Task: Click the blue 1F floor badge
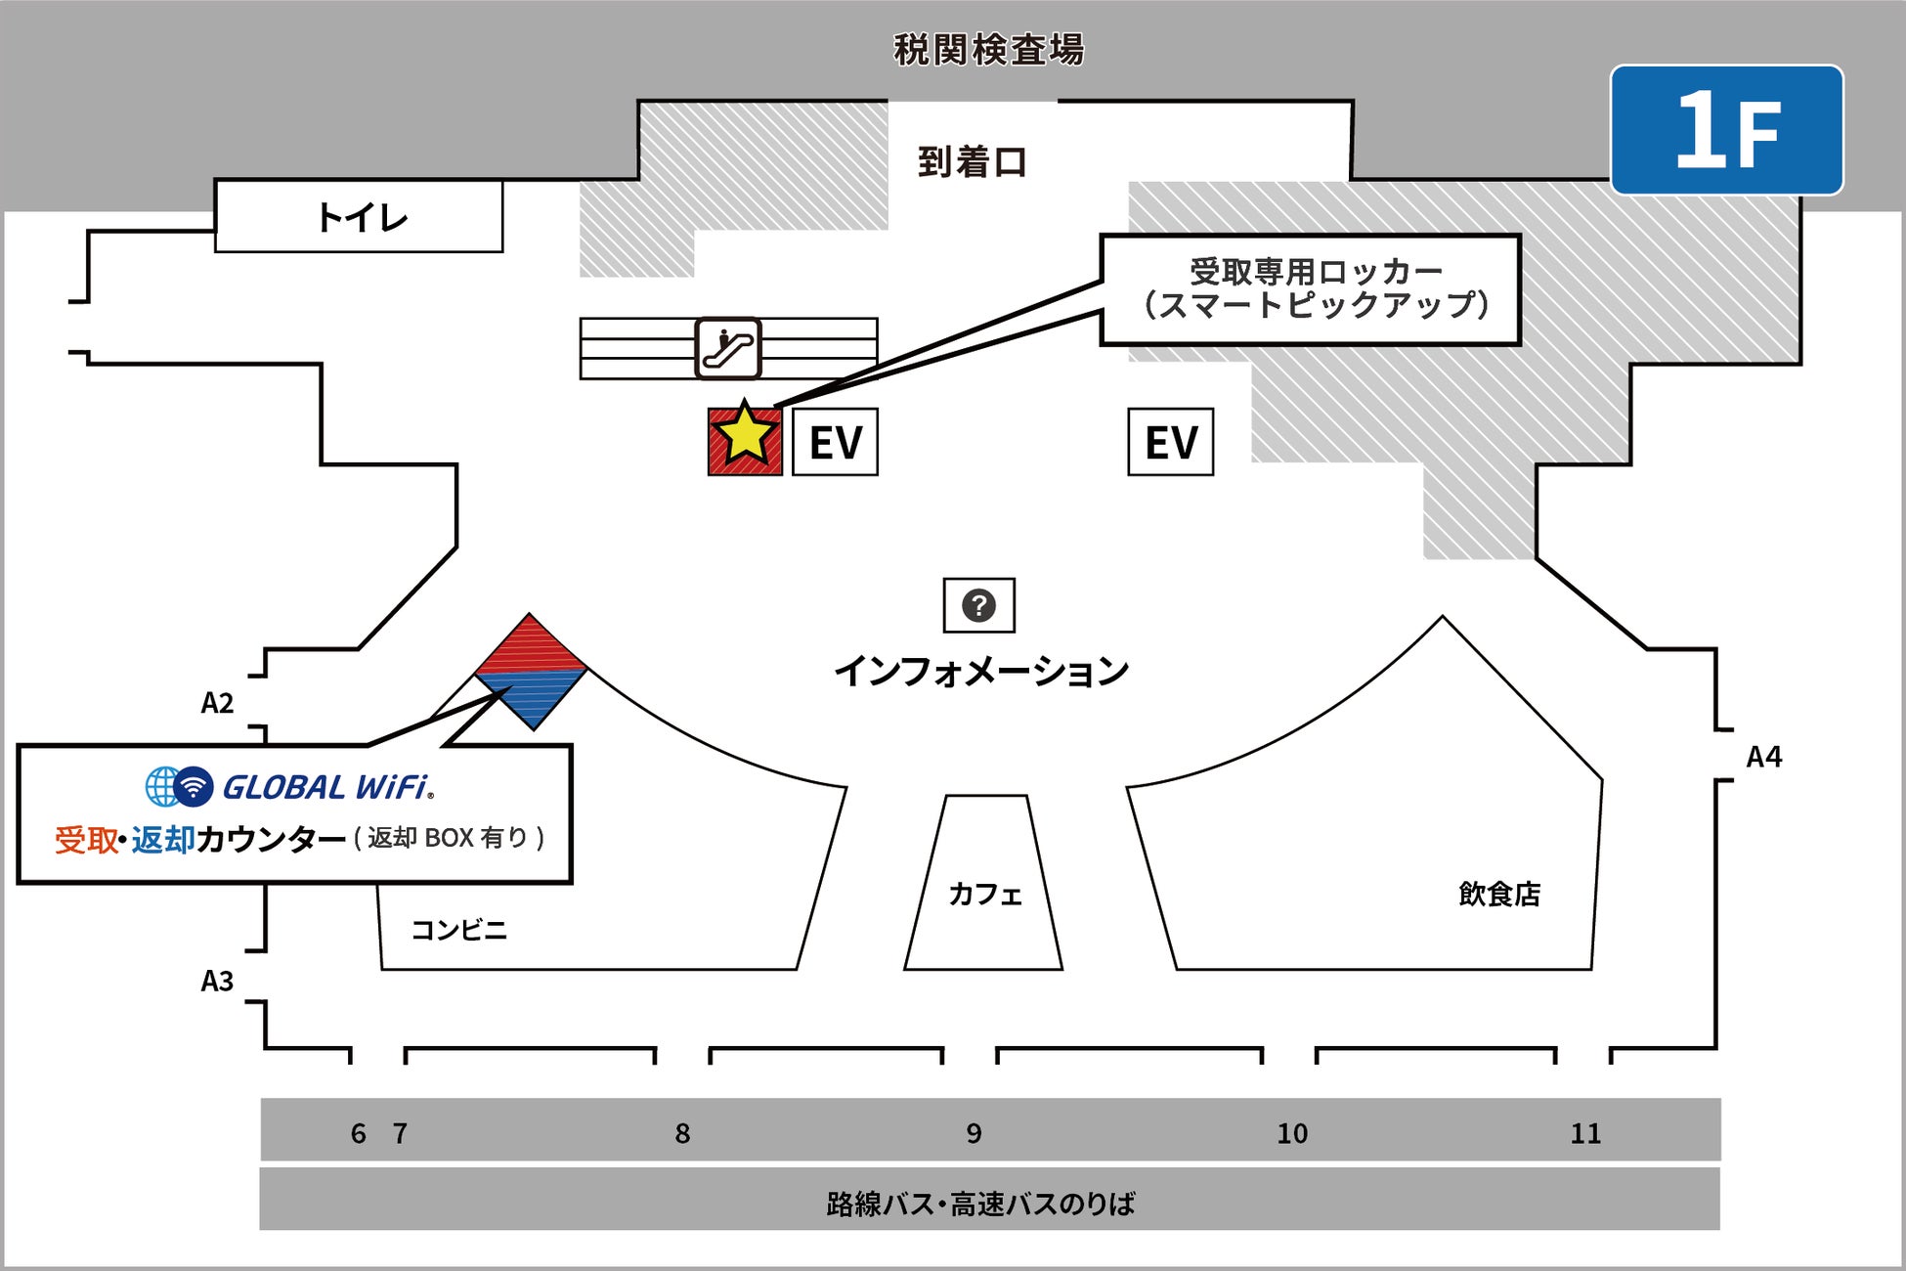[x=1727, y=130]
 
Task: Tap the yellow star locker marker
[x=745, y=436]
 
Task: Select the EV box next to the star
[x=835, y=442]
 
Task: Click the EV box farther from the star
[x=1170, y=442]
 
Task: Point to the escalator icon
[x=728, y=348]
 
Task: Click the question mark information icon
[x=978, y=605]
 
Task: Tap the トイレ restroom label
[x=361, y=217]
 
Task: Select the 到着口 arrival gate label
[x=973, y=162]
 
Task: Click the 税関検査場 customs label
[x=988, y=50]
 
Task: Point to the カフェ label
[x=984, y=894]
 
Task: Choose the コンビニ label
[x=458, y=929]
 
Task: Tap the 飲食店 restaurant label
[x=1498, y=894]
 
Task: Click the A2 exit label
[x=217, y=703]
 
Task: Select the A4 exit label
[x=1763, y=757]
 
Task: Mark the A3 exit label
[x=217, y=981]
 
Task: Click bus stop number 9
[x=974, y=1133]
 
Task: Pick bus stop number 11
[x=1585, y=1133]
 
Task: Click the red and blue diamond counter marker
[x=531, y=672]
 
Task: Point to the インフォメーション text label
[x=980, y=671]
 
